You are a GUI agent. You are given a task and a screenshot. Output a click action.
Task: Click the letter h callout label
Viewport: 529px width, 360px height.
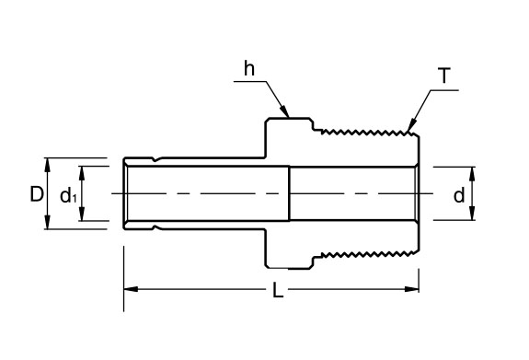point(248,68)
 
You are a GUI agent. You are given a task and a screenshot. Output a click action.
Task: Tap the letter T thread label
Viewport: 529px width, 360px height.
point(444,75)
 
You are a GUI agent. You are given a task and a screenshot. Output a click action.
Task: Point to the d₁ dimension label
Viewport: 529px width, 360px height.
point(67,195)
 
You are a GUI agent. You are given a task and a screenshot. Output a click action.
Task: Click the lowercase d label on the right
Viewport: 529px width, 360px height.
point(457,194)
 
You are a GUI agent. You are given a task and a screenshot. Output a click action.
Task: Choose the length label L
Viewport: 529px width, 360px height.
point(277,292)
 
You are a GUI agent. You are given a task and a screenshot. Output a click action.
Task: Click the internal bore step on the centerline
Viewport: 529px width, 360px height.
point(290,193)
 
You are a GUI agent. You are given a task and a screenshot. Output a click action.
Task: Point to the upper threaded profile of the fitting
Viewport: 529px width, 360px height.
point(363,130)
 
